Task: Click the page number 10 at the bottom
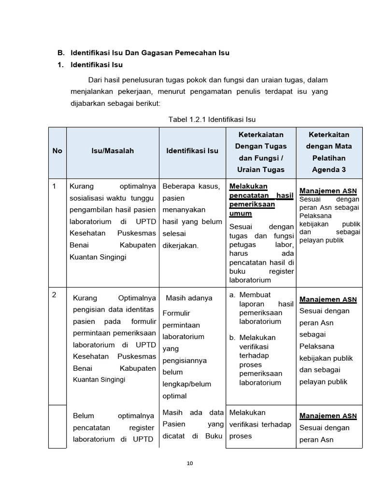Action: click(x=190, y=464)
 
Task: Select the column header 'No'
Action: click(x=57, y=151)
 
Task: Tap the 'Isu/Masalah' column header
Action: click(x=113, y=151)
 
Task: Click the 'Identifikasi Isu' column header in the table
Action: click(x=192, y=151)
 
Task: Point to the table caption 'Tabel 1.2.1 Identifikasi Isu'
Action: click(x=212, y=119)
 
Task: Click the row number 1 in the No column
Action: click(x=54, y=186)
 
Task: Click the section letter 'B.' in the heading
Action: click(x=61, y=52)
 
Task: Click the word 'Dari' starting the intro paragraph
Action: click(x=96, y=80)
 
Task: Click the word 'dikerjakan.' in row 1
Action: click(x=181, y=246)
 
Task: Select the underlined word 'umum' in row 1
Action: click(x=240, y=213)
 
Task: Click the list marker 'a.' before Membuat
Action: click(x=232, y=294)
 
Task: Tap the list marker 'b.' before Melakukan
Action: click(x=232, y=337)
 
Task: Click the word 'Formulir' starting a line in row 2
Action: click(x=176, y=313)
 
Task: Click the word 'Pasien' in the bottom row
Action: click(x=174, y=424)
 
